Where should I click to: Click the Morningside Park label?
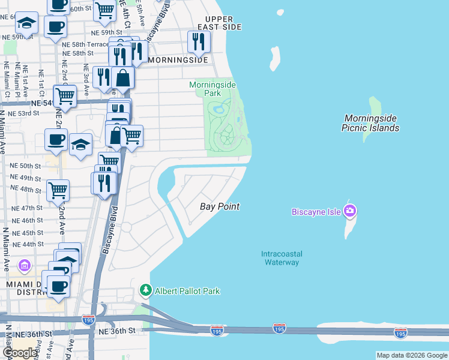[212, 89]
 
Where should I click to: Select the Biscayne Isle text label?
[316, 212]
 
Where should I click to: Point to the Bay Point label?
[220, 206]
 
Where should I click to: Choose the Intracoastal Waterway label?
[280, 258]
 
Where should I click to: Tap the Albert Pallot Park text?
[187, 291]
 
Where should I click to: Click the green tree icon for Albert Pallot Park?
[145, 291]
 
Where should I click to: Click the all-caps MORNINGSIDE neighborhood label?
[178, 60]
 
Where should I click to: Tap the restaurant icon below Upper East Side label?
[197, 41]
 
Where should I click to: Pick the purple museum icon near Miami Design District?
[24, 265]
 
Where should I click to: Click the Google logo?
[20, 352]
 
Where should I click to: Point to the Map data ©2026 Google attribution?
[411, 355]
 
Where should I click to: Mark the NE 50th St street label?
[26, 166]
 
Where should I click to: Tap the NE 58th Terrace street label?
[86, 44]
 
